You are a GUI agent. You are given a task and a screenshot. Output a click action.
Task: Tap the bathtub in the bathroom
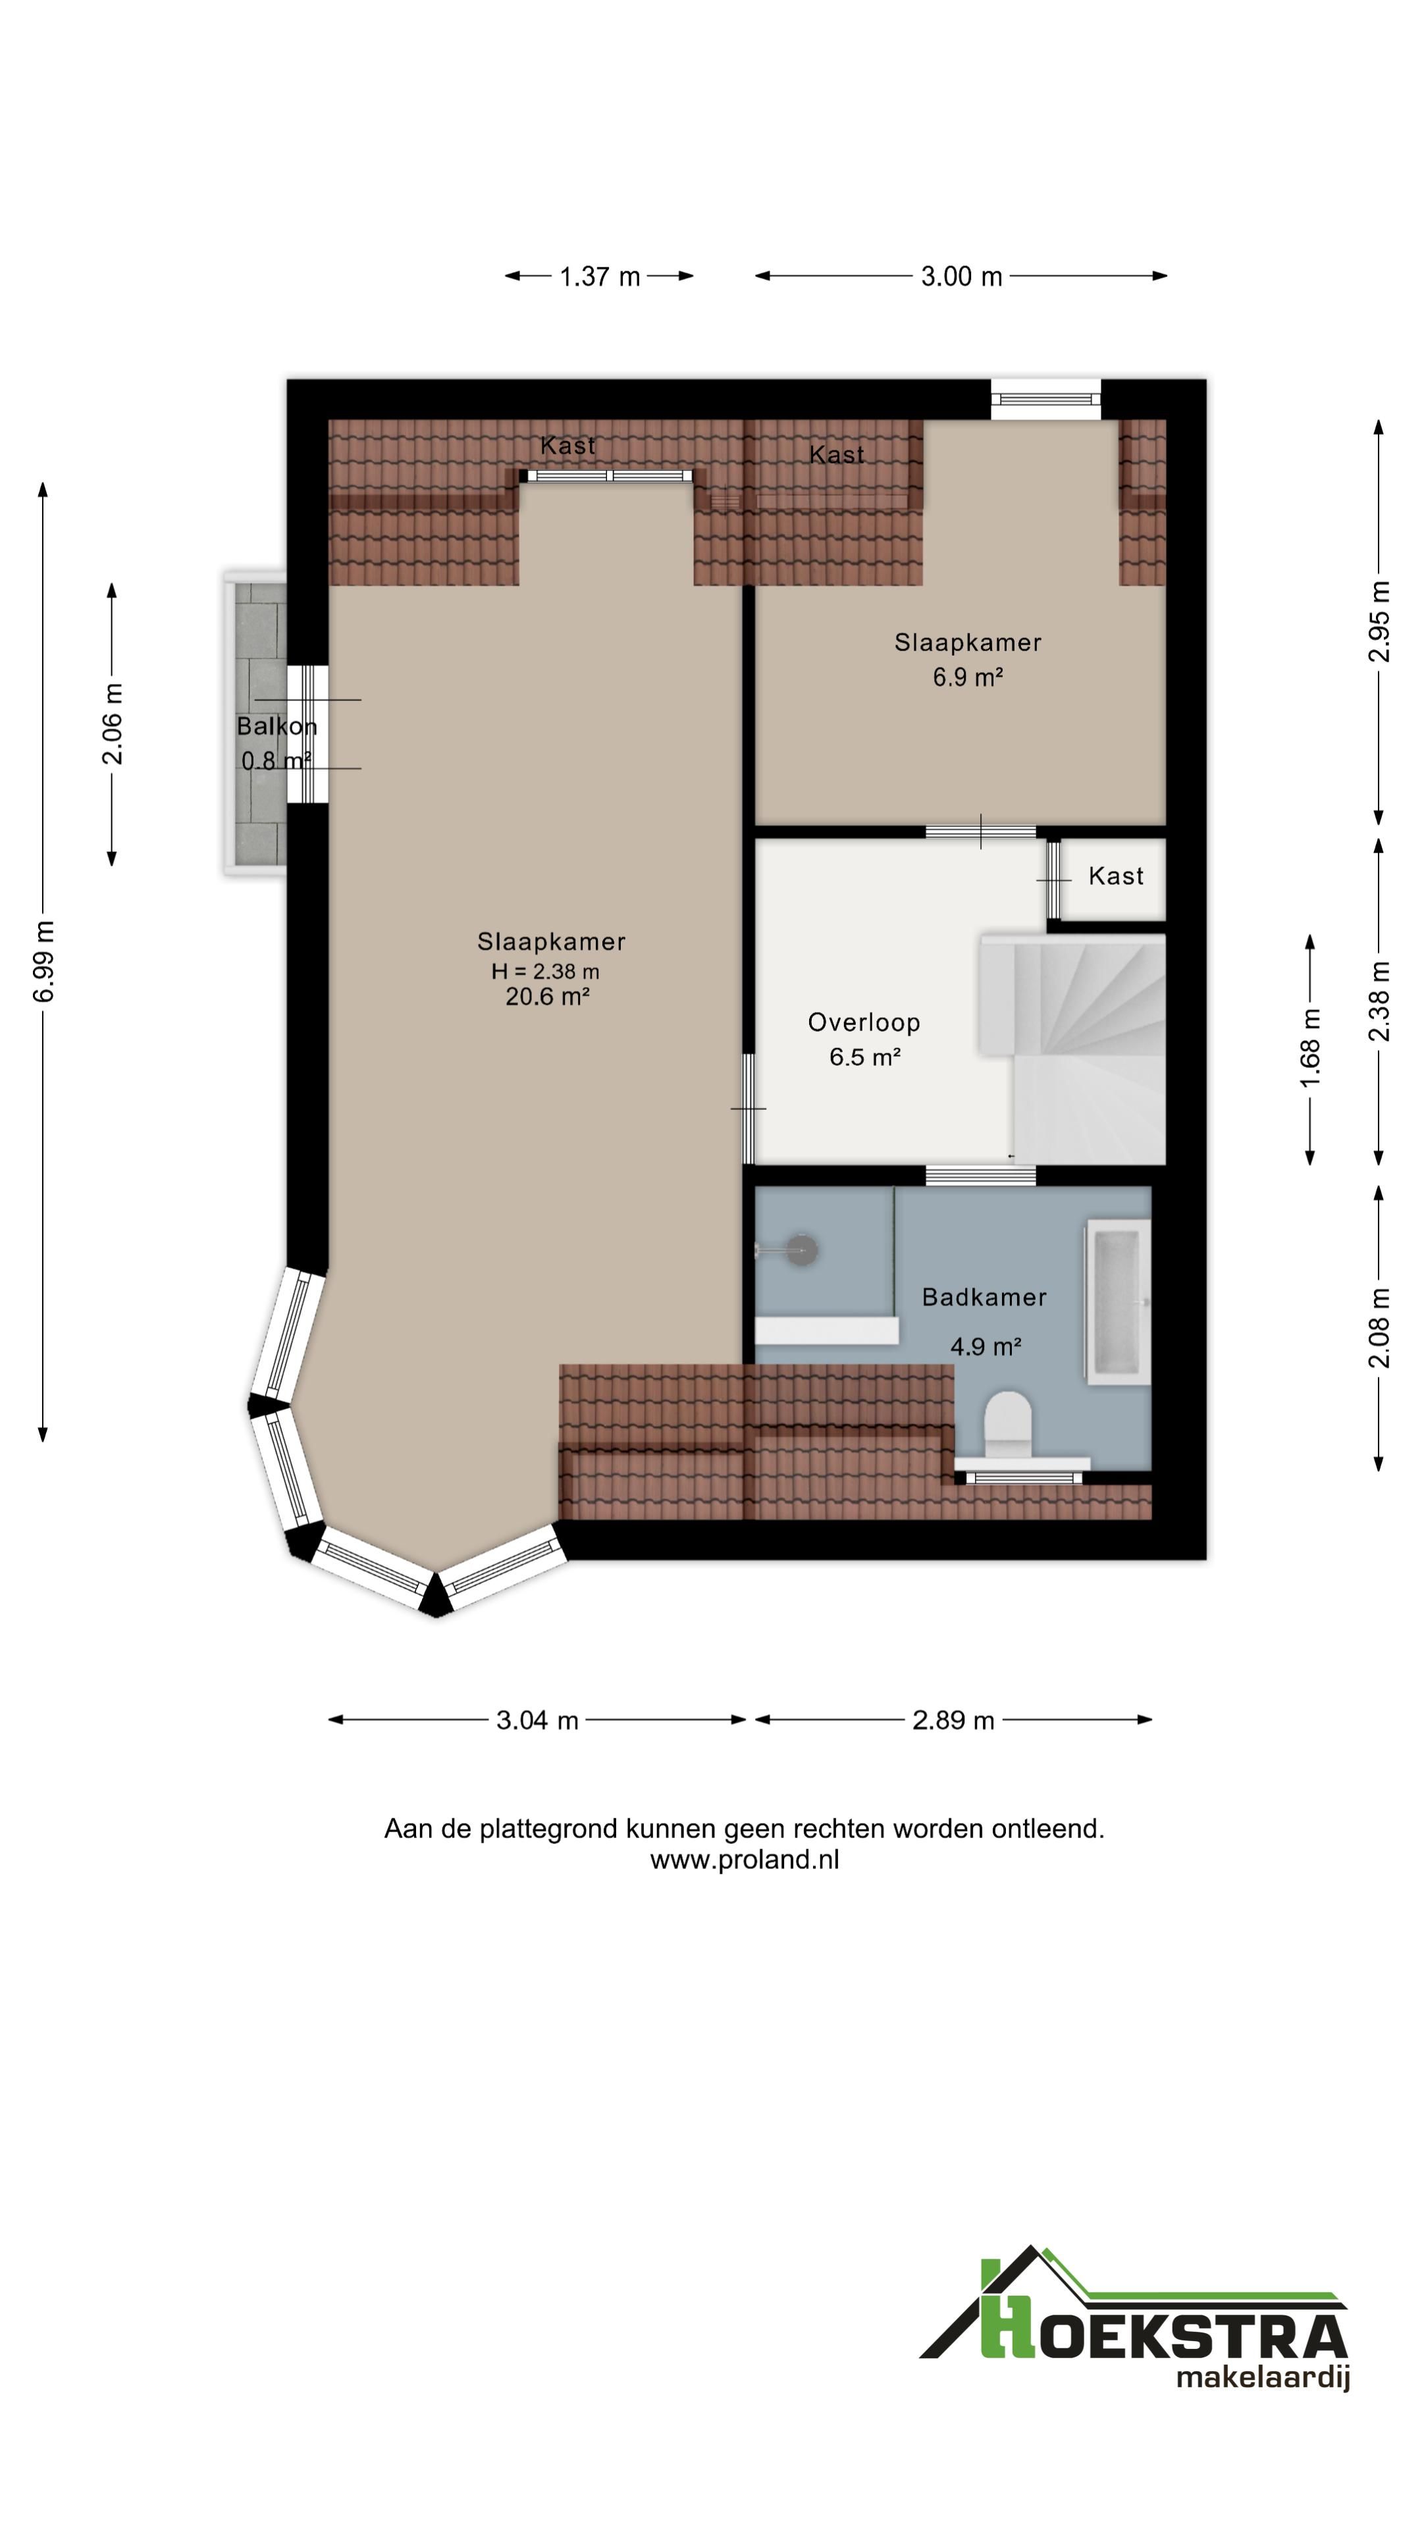point(1117,1302)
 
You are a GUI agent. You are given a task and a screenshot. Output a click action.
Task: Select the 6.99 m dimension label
point(44,962)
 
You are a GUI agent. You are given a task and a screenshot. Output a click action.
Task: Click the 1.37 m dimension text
point(600,276)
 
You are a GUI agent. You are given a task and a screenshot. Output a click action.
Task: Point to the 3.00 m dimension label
point(962,276)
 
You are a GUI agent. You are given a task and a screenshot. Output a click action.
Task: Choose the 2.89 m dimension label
point(953,1720)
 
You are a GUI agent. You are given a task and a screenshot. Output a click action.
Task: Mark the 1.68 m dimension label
point(1310,1047)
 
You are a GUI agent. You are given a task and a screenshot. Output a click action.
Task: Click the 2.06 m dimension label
point(112,724)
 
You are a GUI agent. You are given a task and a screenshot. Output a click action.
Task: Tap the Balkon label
point(276,727)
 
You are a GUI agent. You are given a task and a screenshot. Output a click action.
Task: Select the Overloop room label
point(864,1022)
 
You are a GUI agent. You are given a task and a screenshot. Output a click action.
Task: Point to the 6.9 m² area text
point(968,677)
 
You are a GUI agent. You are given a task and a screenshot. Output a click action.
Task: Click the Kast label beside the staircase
point(1116,876)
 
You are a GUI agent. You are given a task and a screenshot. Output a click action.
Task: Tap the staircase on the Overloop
point(1072,1048)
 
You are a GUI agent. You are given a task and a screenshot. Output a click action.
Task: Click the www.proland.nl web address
point(744,1860)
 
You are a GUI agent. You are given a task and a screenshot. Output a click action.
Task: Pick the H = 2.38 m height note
point(546,972)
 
